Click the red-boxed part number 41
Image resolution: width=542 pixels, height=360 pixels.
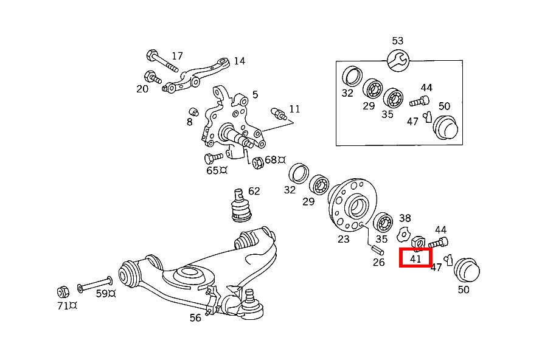pos(415,258)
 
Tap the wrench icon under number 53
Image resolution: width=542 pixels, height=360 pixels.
pos(398,60)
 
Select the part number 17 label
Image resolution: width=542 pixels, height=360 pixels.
pos(177,56)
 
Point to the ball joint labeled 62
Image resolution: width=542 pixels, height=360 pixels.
pos(239,207)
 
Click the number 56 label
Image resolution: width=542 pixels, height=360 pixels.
pos(195,317)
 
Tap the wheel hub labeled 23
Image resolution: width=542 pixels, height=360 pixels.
pos(352,204)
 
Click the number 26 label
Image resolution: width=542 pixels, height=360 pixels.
pos(379,263)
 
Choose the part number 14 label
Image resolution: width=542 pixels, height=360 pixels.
pos(239,61)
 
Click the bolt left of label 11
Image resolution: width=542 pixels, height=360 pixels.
pos(279,113)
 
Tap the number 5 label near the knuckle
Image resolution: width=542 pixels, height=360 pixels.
pos(255,94)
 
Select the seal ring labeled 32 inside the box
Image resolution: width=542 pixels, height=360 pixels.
pos(351,76)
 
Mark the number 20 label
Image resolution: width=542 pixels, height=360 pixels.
pos(142,89)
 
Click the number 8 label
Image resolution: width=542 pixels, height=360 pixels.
pos(190,122)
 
